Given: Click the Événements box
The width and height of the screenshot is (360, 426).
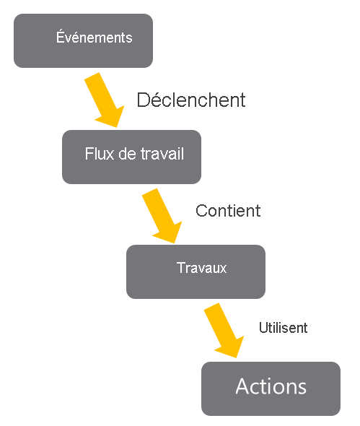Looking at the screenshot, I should click(83, 40).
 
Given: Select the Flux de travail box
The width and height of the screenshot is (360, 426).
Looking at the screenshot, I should click(131, 156).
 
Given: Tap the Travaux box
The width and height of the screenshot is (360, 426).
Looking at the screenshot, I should click(196, 271).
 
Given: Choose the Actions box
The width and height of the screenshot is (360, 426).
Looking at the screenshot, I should click(271, 388).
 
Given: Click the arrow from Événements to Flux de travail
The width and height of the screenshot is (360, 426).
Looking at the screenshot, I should click(105, 100).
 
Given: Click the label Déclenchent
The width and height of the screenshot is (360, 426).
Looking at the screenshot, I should click(191, 100).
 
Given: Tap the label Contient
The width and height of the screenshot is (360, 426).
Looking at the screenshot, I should click(228, 211).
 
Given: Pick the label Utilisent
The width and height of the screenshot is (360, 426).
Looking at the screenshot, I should click(284, 328).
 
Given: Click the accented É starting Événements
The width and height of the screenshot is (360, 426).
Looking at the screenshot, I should click(60, 36).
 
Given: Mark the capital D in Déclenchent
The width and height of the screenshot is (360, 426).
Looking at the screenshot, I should click(143, 100).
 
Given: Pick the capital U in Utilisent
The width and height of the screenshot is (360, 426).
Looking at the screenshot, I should click(263, 328).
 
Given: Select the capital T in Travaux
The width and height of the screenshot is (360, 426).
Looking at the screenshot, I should click(180, 268).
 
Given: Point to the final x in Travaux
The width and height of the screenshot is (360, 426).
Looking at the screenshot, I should click(223, 269).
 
